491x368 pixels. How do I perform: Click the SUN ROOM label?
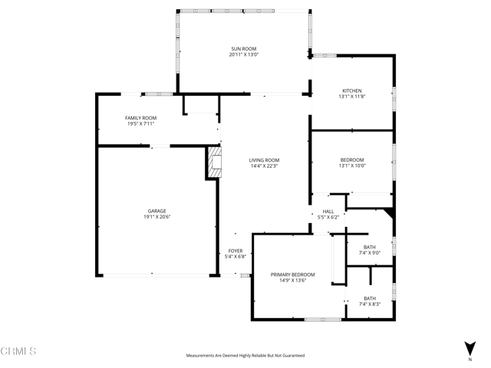point(243,49)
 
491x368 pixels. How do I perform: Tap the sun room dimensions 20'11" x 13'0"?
point(243,55)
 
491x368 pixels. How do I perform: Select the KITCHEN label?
point(351,90)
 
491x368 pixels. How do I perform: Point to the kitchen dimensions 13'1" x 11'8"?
point(351,97)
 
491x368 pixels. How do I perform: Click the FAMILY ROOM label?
point(140,117)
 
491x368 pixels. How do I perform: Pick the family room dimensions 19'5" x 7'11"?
point(140,123)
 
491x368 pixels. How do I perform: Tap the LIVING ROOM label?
point(264,159)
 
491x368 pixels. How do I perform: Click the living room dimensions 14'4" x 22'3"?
point(264,166)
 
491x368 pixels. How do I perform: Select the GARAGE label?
point(157,211)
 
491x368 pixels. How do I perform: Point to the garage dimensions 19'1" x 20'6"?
point(157,217)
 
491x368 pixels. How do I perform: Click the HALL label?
point(328,212)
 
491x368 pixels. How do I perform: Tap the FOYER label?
point(236,251)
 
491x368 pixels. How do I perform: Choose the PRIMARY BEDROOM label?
point(292,274)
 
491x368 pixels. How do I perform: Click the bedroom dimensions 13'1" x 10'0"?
point(353,166)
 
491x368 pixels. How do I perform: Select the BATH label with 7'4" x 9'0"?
point(370,246)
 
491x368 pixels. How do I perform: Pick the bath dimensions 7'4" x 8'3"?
point(370,304)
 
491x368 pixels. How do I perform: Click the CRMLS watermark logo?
point(18,352)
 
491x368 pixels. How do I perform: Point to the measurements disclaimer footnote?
point(245,356)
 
